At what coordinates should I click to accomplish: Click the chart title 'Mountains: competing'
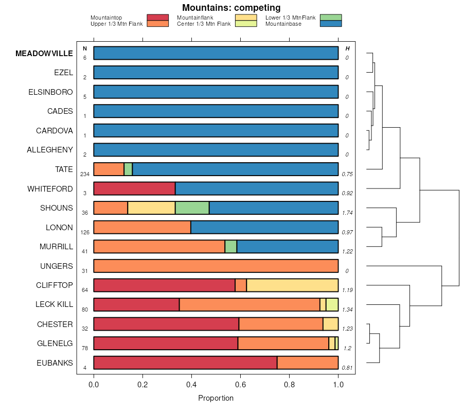tap(231, 8)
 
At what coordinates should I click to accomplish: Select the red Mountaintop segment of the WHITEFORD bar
tap(134, 188)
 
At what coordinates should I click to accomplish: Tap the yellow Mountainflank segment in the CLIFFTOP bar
tap(292, 285)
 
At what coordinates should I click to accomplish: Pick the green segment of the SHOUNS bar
tap(192, 208)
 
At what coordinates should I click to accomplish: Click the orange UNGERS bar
tap(216, 266)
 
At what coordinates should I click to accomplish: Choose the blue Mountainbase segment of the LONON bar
tap(264, 227)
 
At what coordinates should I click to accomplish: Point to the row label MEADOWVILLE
tap(44, 54)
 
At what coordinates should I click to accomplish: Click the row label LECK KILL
tap(54, 305)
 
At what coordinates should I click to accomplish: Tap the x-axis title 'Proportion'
tap(216, 398)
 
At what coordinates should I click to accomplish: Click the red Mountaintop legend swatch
tap(157, 18)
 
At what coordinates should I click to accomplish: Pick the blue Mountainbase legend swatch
tap(330, 24)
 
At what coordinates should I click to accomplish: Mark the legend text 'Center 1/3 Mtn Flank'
tap(204, 24)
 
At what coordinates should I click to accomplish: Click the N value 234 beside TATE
tap(85, 174)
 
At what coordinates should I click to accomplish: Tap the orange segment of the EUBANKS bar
tap(308, 363)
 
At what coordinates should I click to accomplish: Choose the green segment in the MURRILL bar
tap(230, 247)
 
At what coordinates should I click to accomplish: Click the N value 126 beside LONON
tap(85, 232)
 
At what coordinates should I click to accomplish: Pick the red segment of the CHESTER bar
tap(166, 324)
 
